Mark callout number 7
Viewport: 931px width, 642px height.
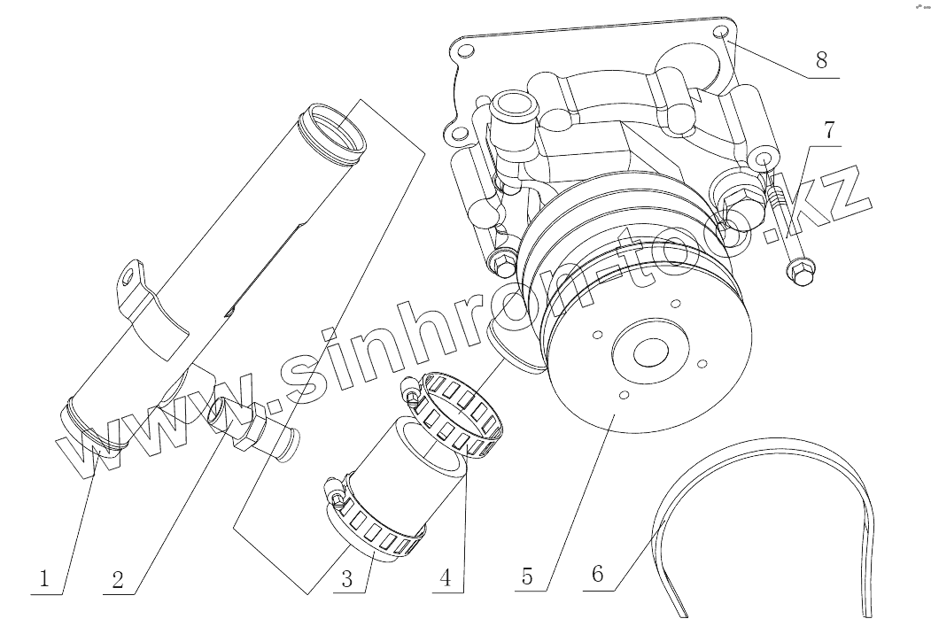tap(828, 130)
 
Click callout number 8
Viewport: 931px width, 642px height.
tap(821, 61)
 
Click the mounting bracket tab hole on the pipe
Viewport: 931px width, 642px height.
tap(131, 276)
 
